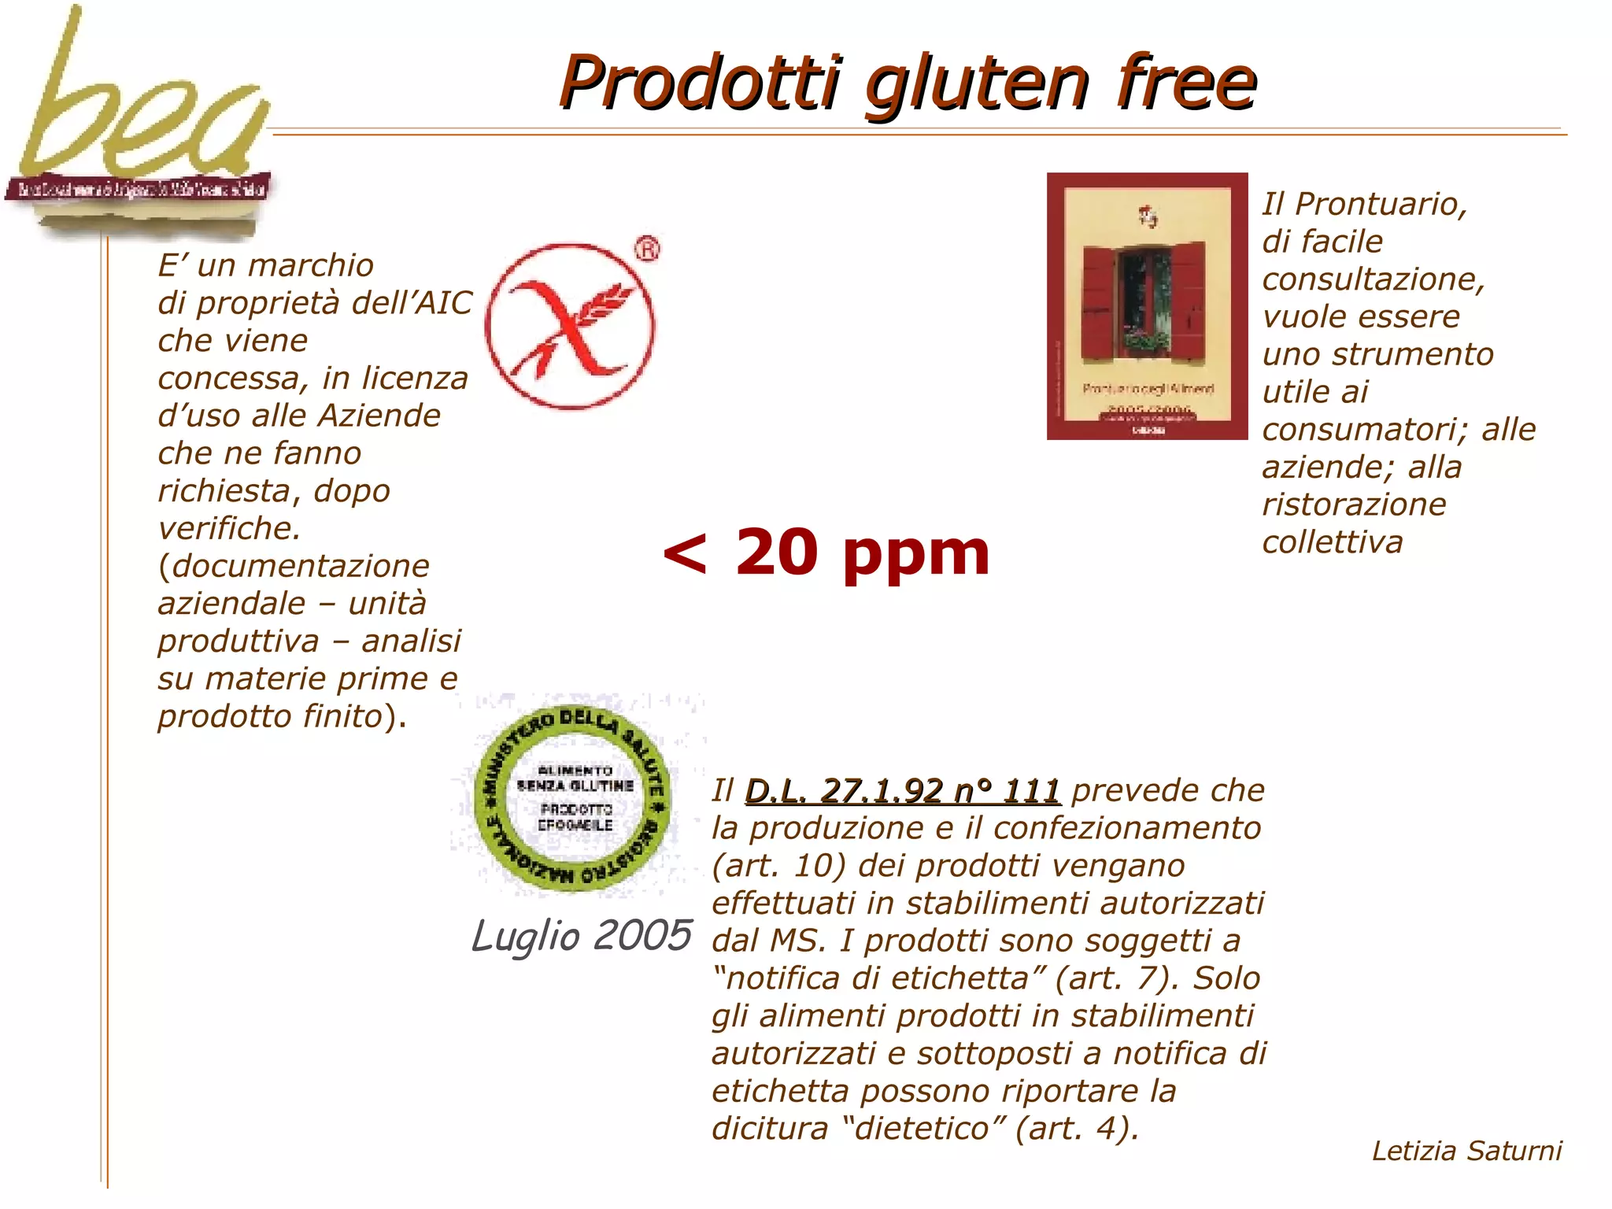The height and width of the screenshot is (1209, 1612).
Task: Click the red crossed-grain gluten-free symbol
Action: tap(570, 326)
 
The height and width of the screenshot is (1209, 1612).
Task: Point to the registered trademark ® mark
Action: tap(647, 250)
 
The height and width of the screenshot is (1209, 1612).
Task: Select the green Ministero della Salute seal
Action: tap(573, 797)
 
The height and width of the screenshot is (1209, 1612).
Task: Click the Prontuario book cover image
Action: tap(1147, 306)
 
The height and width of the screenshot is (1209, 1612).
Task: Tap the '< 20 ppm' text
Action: tap(826, 553)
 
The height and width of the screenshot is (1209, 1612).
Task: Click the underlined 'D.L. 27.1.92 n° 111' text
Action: tap(902, 790)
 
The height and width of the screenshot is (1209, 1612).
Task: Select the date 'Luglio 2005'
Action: tap(581, 936)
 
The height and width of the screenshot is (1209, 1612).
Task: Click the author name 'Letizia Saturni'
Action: tap(1466, 1151)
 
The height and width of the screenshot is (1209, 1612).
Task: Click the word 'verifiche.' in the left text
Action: tap(229, 528)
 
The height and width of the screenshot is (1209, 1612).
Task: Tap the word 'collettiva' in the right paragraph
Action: tap(1333, 542)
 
